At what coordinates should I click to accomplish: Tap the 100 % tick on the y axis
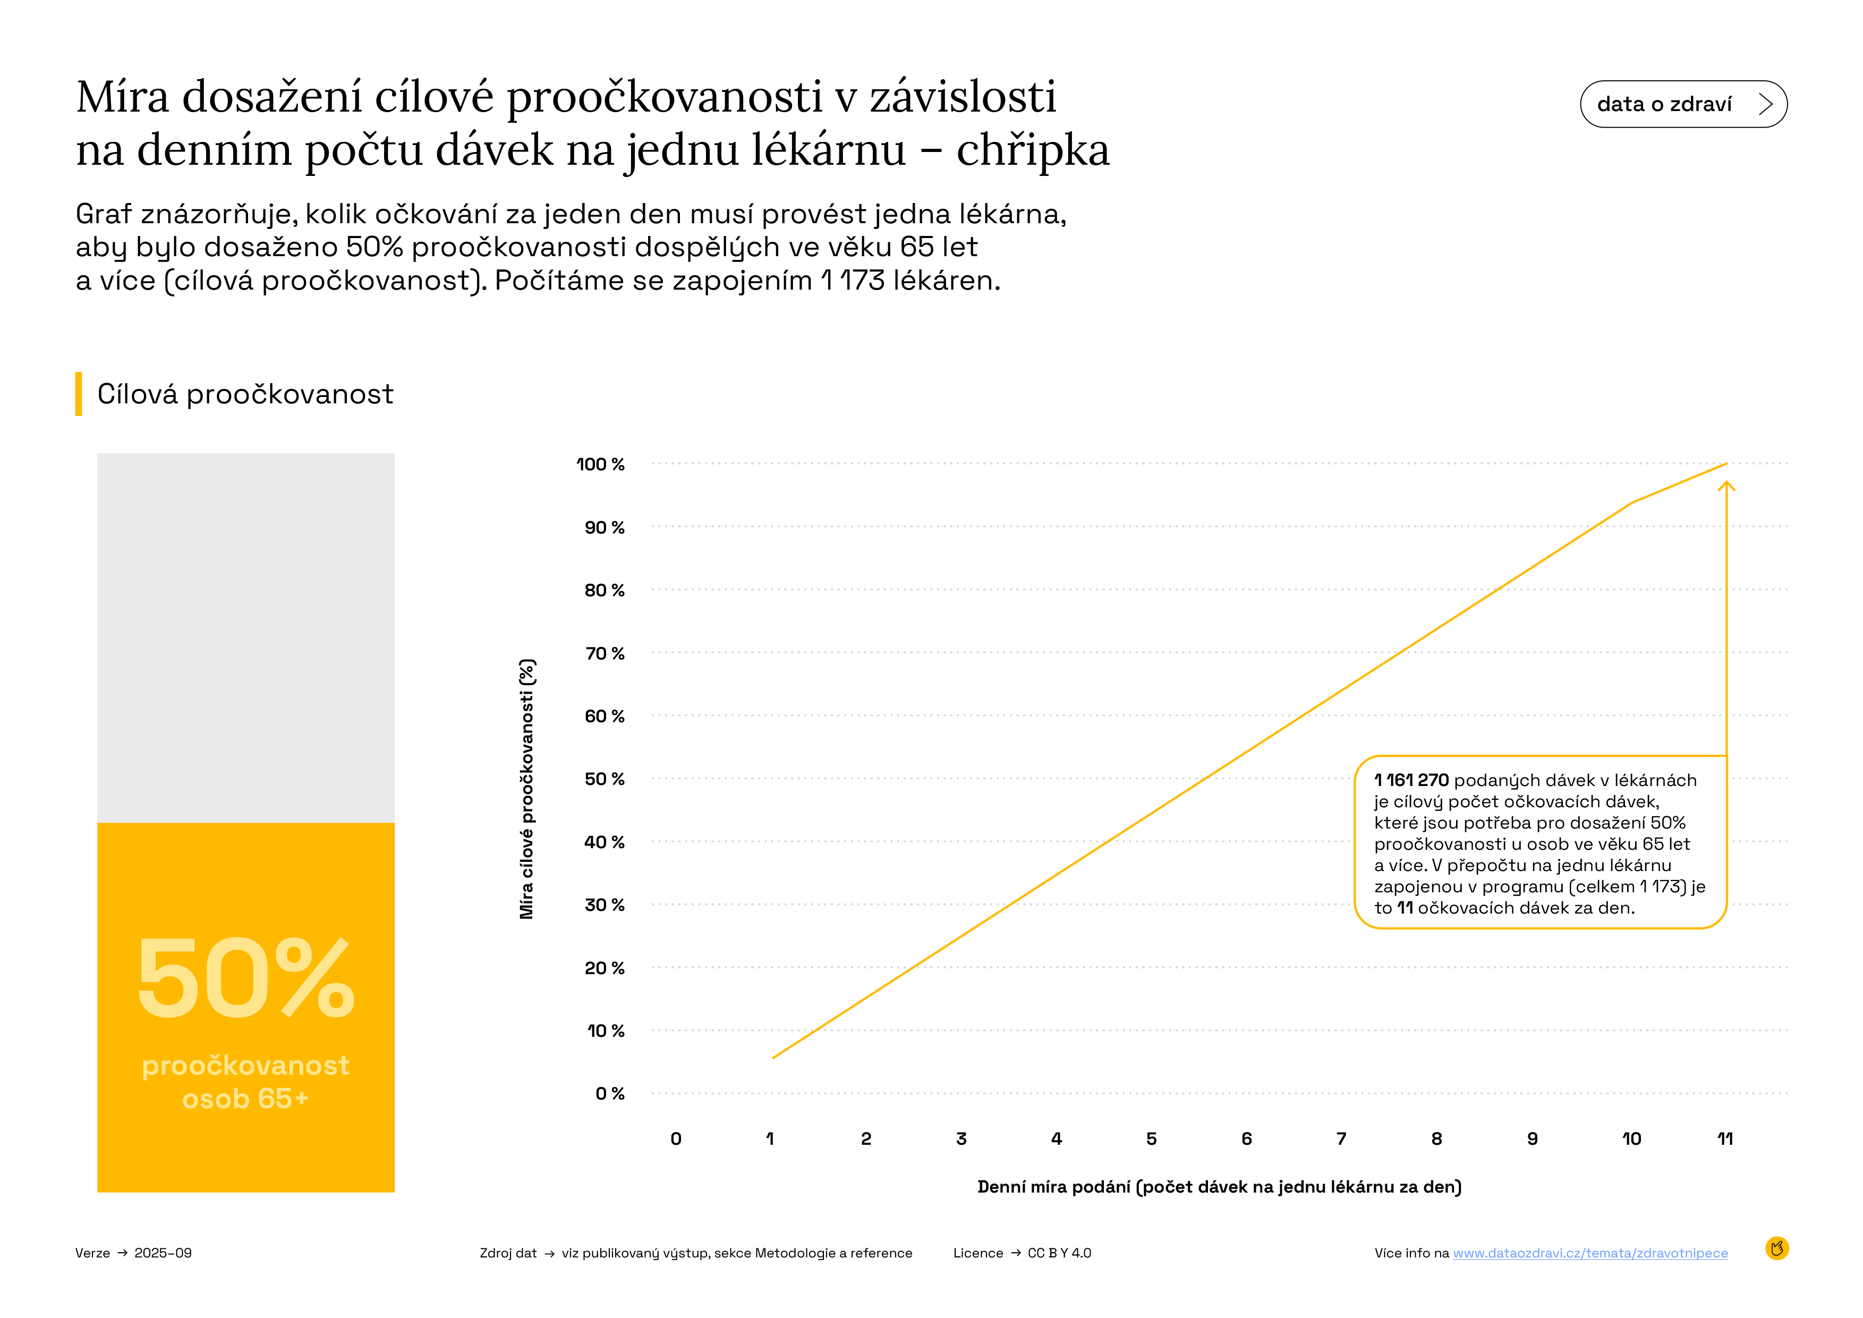click(x=600, y=464)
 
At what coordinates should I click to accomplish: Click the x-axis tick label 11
click(x=1725, y=1139)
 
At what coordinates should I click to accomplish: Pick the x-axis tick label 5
click(x=1151, y=1139)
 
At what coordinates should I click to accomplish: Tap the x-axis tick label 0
click(x=676, y=1139)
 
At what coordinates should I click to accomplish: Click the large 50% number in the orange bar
click(x=246, y=978)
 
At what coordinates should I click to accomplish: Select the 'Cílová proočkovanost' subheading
click(x=245, y=394)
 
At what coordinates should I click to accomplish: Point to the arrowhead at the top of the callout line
click(x=1726, y=485)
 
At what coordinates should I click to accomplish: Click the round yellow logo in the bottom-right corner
click(x=1777, y=1248)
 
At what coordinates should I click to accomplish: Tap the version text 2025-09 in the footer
click(x=163, y=1253)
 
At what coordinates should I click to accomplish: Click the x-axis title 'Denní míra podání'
click(x=1219, y=1187)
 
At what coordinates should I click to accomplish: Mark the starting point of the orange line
click(x=773, y=1058)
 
